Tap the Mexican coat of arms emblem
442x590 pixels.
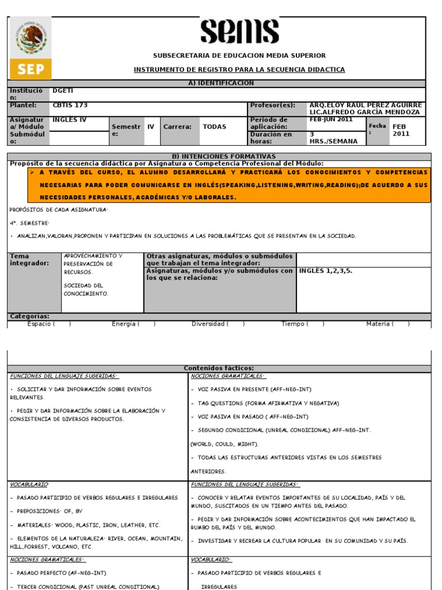point(31,39)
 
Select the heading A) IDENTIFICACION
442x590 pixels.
point(221,84)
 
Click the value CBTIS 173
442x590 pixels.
point(70,105)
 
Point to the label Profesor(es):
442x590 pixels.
point(272,105)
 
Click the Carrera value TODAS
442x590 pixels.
point(214,127)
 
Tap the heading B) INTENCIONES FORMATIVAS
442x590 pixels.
point(224,157)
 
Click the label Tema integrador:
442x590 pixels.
point(27,260)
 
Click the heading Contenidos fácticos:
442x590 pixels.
point(219,369)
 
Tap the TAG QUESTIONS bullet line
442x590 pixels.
point(265,403)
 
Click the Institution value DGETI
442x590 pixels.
point(63,91)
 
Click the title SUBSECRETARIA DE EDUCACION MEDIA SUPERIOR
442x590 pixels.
point(239,55)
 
